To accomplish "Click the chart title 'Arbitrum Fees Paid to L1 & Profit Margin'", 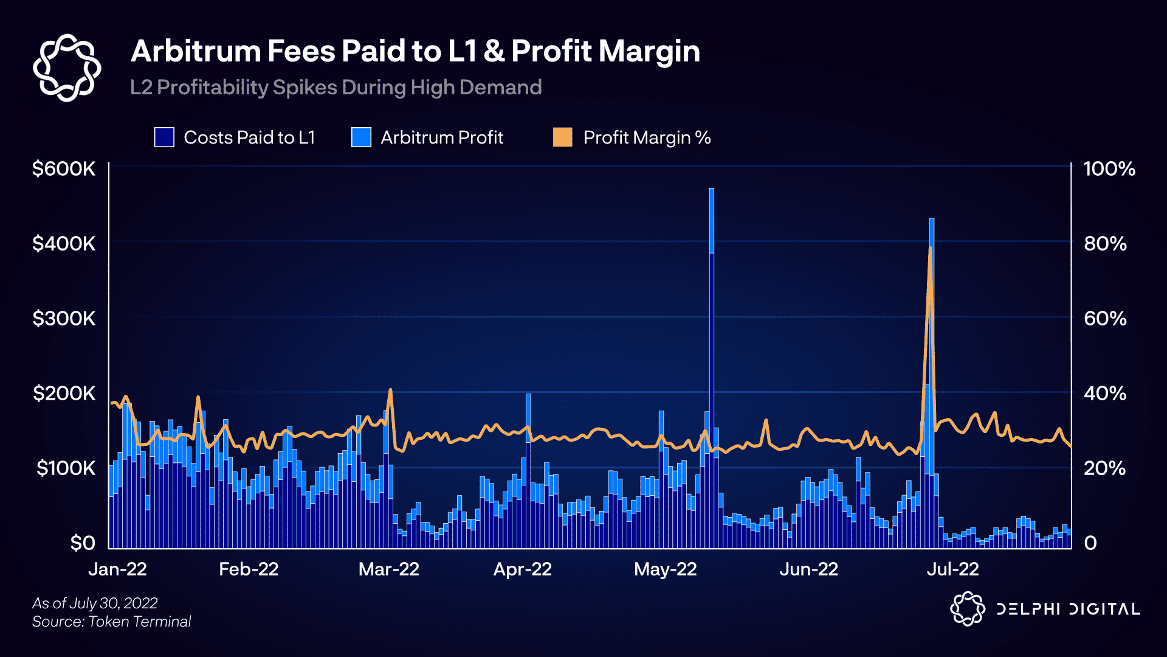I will [415, 51].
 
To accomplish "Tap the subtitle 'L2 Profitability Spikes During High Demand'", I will [336, 88].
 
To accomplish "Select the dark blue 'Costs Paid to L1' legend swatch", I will [164, 137].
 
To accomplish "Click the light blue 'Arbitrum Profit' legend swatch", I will [361, 137].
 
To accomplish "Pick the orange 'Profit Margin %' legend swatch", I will [562, 137].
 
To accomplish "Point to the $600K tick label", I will [64, 169].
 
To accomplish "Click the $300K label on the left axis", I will [64, 318].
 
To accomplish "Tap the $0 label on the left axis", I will [82, 543].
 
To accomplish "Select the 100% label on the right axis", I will [1109, 169].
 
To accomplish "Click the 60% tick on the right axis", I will [1105, 318].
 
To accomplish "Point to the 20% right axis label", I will [1105, 468].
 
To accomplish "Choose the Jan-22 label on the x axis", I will [117, 569].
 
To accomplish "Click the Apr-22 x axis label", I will [522, 569].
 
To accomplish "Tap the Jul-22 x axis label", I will [952, 569].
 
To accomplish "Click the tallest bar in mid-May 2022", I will [711, 365].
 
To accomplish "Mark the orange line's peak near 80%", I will [930, 248].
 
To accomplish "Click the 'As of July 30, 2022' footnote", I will [95, 603].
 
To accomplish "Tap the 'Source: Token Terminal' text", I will [112, 621].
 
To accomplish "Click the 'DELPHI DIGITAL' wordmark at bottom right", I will [1067, 609].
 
